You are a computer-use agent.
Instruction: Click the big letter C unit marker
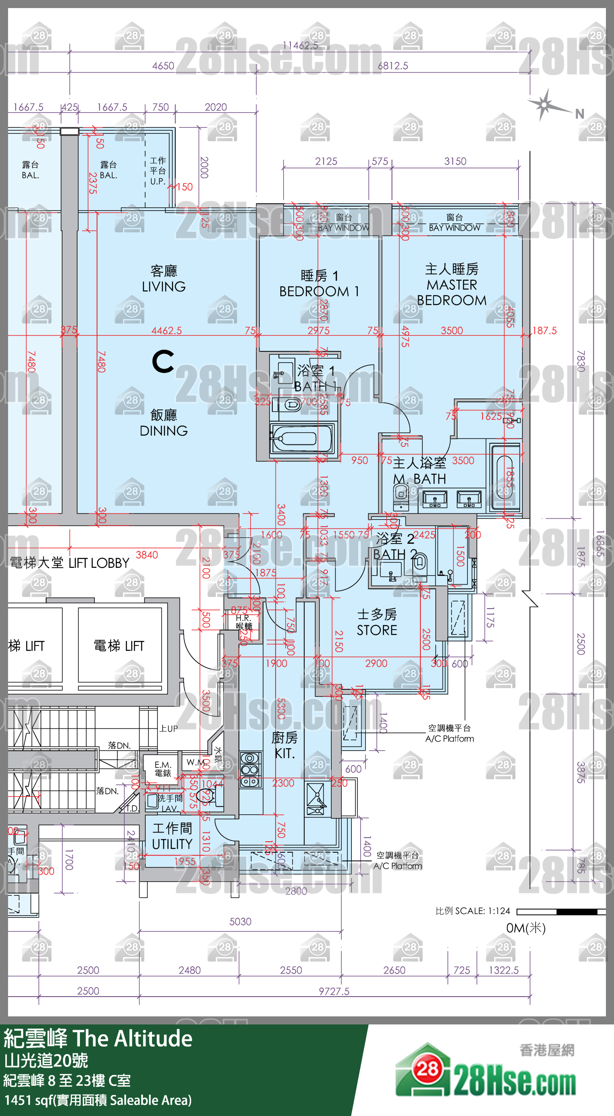tap(163, 362)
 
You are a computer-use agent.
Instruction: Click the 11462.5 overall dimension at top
tap(300, 46)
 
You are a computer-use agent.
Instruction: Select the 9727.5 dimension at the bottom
tap(334, 991)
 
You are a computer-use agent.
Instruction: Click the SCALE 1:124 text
tap(473, 911)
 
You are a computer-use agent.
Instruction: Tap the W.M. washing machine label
tap(195, 762)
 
